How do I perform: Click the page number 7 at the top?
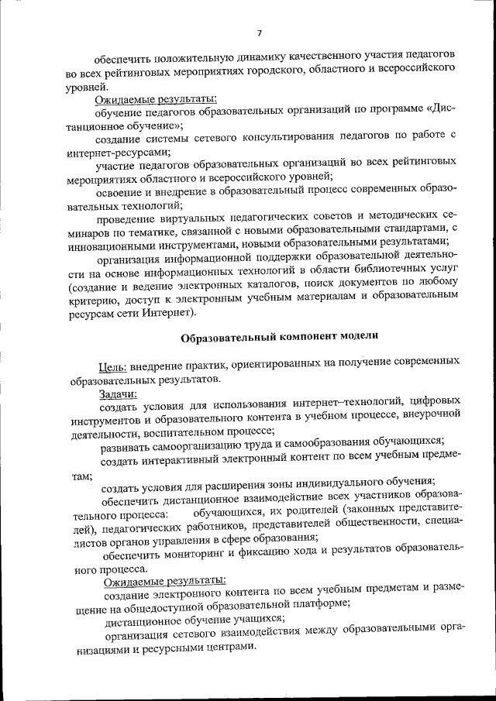(x=260, y=33)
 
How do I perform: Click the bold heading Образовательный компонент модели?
(x=280, y=336)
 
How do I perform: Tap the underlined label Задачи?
(x=114, y=394)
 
